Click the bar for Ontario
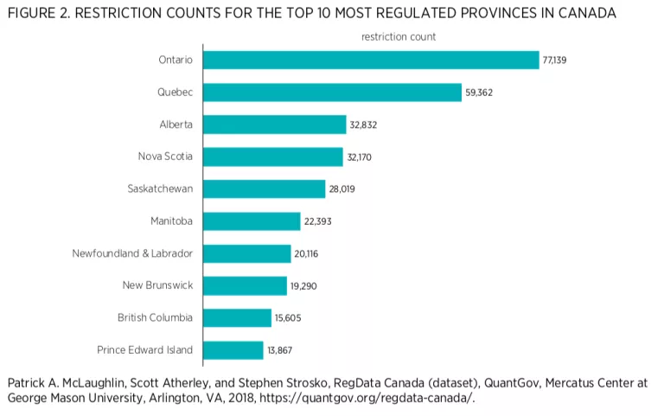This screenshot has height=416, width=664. point(371,60)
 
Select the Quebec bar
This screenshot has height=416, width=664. point(332,93)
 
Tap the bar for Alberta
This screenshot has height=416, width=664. point(274,125)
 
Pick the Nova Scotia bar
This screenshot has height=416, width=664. point(273,157)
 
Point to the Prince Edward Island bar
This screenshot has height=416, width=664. point(233,350)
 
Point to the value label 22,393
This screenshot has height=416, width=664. point(317,221)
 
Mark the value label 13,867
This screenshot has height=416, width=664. point(280,350)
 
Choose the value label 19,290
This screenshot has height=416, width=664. point(303,285)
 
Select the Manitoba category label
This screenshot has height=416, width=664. point(171,221)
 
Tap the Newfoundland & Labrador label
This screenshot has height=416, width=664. point(132,253)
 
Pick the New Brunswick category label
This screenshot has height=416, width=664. point(157,285)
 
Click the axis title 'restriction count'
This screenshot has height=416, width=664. point(398,36)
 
